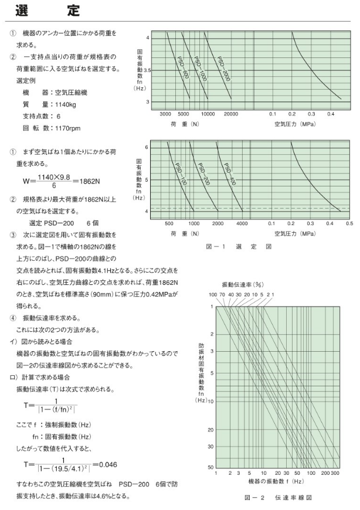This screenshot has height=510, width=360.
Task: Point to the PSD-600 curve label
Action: tap(182, 67)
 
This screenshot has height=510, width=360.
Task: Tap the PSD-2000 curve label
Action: tap(223, 67)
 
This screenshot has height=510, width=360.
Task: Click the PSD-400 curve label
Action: tap(229, 175)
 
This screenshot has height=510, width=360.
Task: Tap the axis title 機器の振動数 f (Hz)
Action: tap(275, 481)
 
